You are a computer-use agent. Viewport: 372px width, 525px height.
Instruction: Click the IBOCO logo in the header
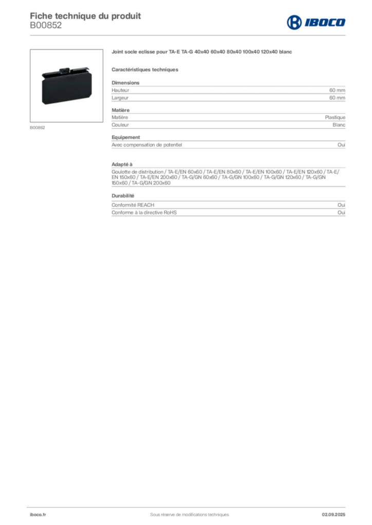(x=316, y=23)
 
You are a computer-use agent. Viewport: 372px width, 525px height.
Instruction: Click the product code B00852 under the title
(x=46, y=26)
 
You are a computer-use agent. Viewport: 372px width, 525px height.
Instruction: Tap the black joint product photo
(x=66, y=86)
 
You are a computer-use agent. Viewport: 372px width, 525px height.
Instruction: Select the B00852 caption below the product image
(x=37, y=128)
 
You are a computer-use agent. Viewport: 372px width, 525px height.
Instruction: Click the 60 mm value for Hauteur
(x=337, y=90)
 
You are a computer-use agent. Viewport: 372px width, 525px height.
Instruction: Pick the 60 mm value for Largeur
(x=337, y=98)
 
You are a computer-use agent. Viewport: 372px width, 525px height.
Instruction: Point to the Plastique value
(x=335, y=117)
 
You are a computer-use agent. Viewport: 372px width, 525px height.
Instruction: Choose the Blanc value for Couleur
(x=339, y=125)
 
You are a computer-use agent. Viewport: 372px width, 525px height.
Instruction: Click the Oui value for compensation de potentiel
(x=342, y=145)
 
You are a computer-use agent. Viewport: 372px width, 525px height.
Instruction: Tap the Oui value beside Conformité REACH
(x=342, y=205)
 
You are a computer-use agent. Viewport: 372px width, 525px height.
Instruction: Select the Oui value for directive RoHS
(x=342, y=213)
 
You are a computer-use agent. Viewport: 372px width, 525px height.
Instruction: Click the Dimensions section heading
(x=125, y=83)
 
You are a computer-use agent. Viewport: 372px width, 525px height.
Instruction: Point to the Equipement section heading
(x=126, y=137)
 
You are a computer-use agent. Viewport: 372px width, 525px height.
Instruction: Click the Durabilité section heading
(x=123, y=196)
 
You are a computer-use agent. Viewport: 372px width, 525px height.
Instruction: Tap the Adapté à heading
(x=122, y=165)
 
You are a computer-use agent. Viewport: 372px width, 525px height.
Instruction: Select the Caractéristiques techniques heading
(x=145, y=70)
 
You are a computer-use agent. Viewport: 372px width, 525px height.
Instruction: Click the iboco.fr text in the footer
(x=38, y=515)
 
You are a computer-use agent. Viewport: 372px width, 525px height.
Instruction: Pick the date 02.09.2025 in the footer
(x=333, y=515)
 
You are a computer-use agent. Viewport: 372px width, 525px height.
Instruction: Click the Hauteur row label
(x=120, y=90)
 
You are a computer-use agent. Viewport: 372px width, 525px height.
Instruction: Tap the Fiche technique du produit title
(x=85, y=16)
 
